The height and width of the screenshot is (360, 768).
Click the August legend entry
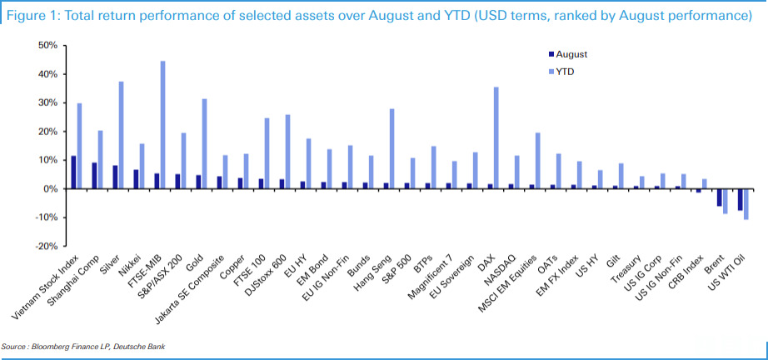(571, 53)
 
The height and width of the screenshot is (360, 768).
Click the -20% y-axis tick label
(44, 247)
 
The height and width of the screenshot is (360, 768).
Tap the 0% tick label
(49, 189)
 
